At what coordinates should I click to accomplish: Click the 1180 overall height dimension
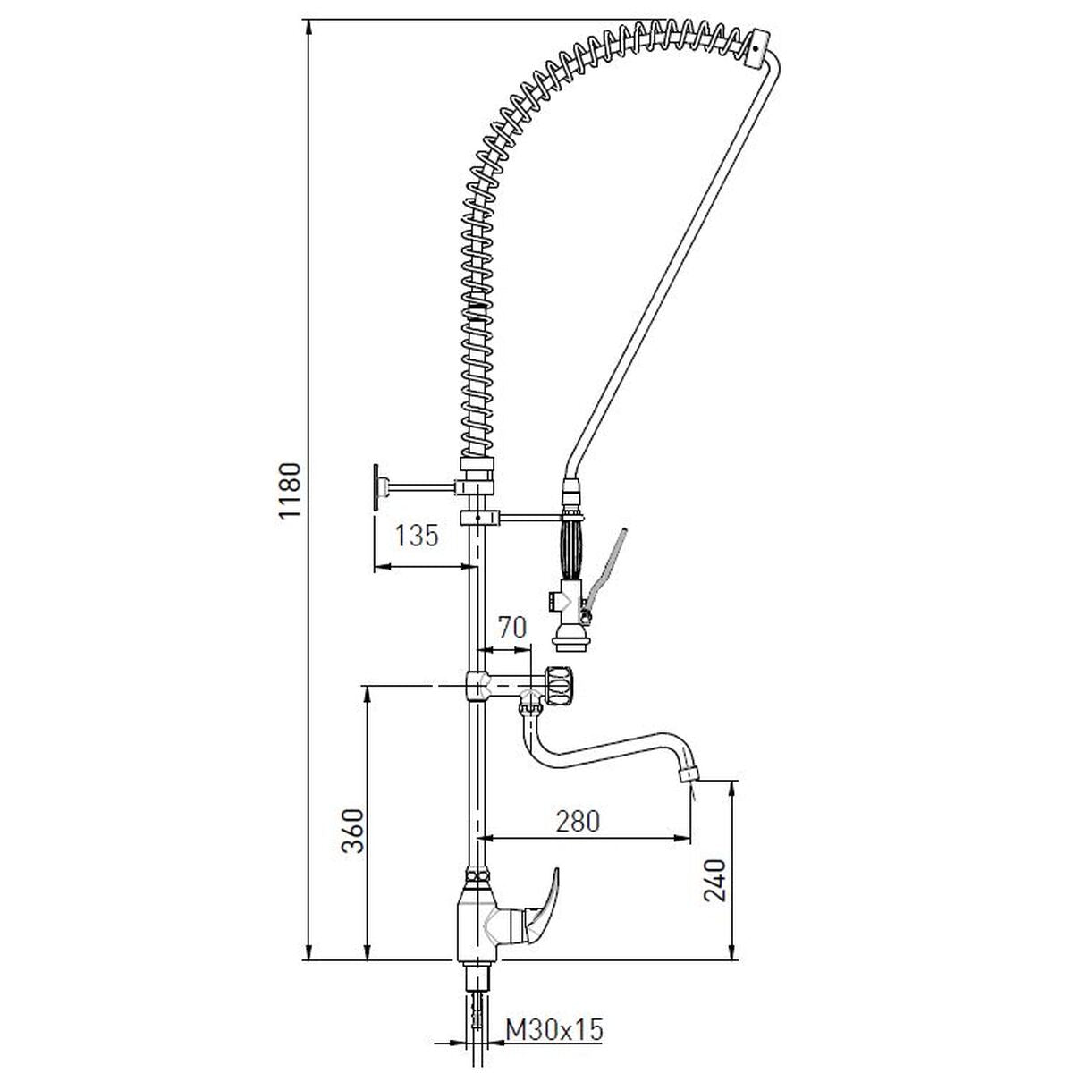pos(290,490)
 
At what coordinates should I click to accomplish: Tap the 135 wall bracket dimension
pos(417,536)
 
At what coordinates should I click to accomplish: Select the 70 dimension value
pos(511,628)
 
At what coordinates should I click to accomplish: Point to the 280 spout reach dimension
pos(578,822)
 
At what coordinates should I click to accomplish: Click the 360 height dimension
pos(352,831)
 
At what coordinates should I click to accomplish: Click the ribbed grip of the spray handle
pos(573,548)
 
